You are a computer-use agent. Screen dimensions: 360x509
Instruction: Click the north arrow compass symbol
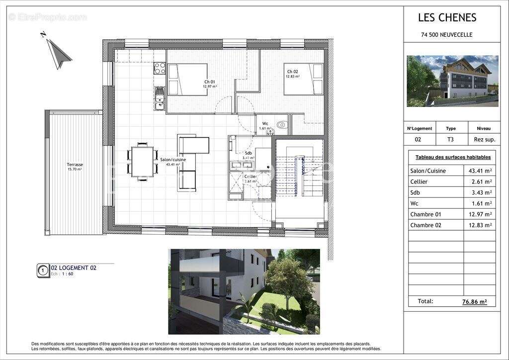tap(58, 52)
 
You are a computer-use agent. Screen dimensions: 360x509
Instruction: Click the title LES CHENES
tap(447, 18)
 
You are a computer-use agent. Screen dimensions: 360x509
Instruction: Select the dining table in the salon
tap(143, 162)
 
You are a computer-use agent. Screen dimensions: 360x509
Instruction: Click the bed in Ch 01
tap(187, 80)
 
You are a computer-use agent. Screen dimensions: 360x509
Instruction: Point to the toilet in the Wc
tap(282, 125)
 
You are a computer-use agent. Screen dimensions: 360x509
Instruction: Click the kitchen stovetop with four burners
tap(160, 68)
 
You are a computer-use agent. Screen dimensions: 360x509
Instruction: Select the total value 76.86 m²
tap(474, 301)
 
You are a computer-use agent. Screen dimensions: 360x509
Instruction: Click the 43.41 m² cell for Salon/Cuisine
tap(480, 171)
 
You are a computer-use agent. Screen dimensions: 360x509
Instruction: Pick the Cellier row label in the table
tap(419, 181)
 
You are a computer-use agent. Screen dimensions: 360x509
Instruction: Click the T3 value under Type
tap(450, 140)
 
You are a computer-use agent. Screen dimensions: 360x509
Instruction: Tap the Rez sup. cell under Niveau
tap(480, 140)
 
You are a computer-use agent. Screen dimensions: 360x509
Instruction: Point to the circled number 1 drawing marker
tap(43, 270)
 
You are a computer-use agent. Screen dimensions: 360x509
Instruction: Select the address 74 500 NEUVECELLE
tap(446, 35)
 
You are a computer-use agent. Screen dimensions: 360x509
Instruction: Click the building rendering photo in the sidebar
tap(452, 81)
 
